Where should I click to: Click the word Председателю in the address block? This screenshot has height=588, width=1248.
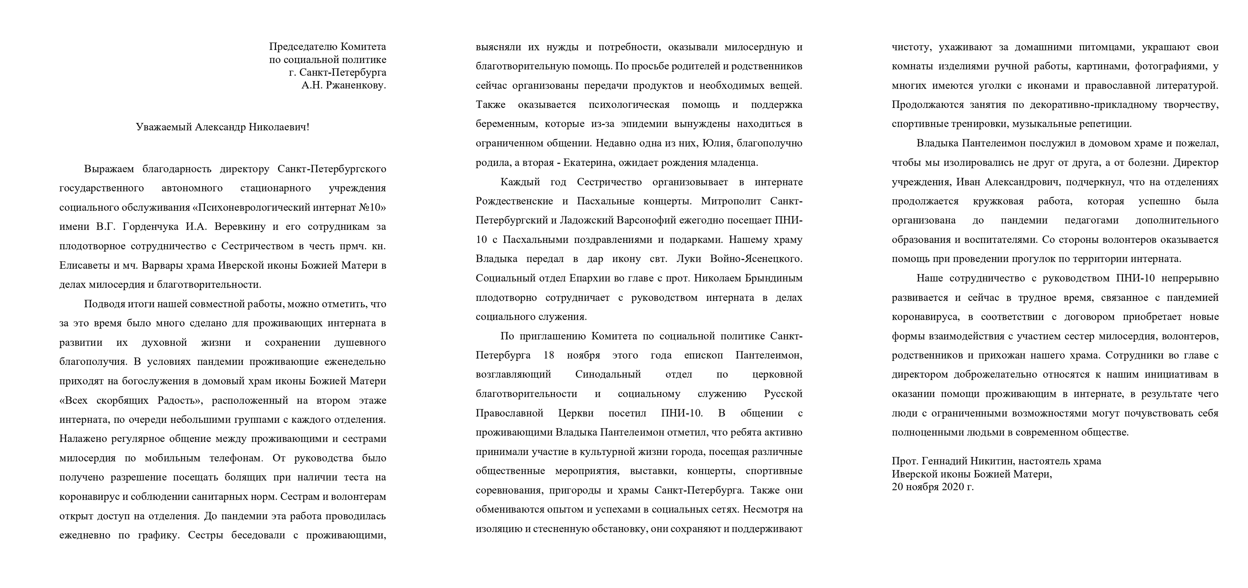[303, 47]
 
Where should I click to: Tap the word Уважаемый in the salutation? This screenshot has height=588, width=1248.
[164, 127]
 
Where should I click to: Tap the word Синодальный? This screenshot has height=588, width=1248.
[608, 374]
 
